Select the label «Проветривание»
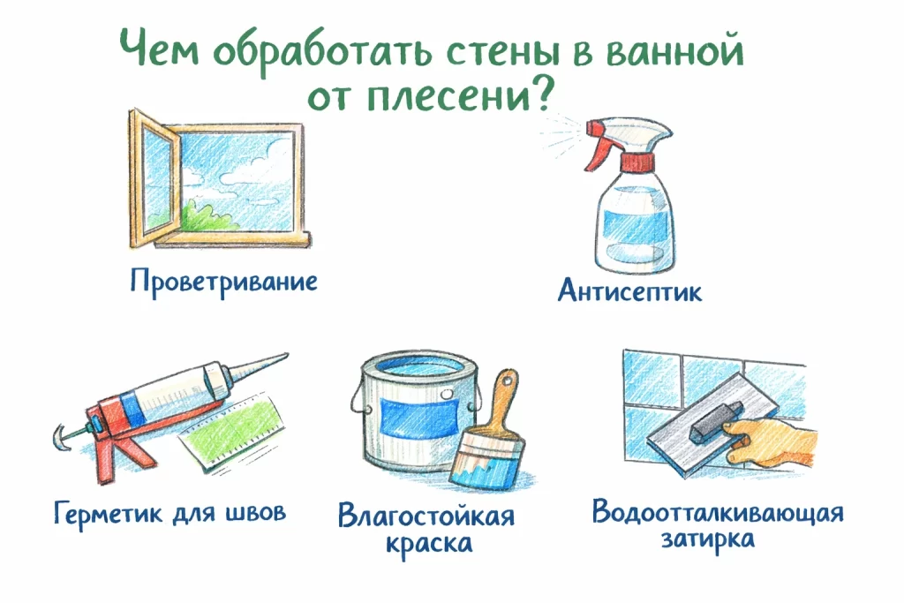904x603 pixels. click(223, 283)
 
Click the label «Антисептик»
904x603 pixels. click(630, 290)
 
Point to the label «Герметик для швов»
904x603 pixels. click(169, 512)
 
